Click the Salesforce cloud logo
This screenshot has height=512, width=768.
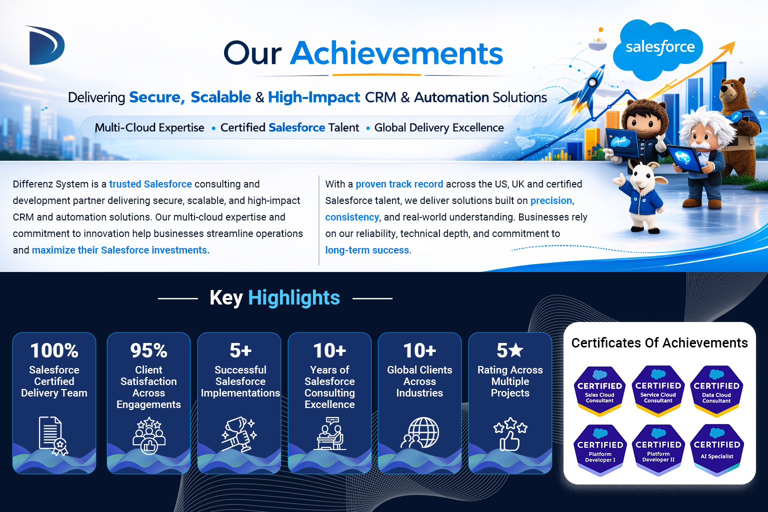click(x=657, y=49)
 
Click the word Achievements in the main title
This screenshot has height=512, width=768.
click(x=396, y=53)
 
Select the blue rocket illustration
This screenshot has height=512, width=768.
click(x=587, y=90)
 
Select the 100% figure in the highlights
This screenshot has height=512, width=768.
click(x=54, y=350)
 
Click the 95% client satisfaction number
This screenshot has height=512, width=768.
click(x=149, y=350)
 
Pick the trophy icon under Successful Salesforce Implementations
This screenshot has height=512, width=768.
click(x=239, y=434)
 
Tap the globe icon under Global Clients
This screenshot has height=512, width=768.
click(x=420, y=433)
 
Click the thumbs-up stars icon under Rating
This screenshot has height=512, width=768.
click(x=510, y=434)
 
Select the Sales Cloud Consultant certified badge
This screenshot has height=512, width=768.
click(x=599, y=391)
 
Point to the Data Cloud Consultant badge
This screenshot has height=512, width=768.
click(x=716, y=391)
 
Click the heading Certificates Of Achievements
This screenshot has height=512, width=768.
click(x=659, y=343)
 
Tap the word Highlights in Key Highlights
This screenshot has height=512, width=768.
click(x=294, y=297)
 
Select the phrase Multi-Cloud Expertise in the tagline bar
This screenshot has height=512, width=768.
click(x=149, y=127)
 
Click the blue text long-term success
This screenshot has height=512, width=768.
click(x=367, y=250)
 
